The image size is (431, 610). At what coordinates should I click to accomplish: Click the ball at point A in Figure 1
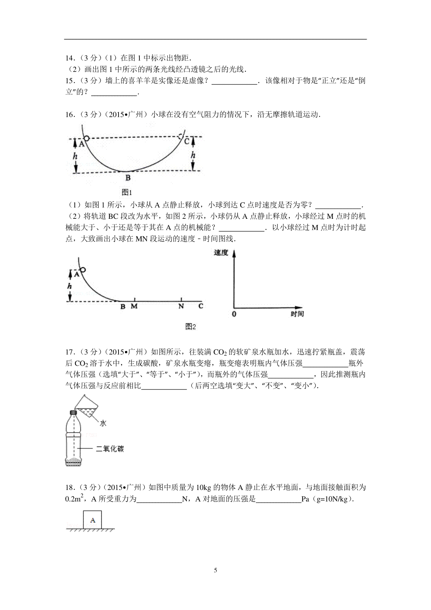[x=86, y=138]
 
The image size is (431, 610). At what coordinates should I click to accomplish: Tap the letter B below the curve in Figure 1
[x=128, y=177]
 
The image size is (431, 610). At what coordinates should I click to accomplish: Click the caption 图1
[x=128, y=192]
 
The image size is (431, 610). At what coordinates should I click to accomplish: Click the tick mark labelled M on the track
[x=134, y=300]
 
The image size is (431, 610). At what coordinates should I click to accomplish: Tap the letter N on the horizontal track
[x=181, y=306]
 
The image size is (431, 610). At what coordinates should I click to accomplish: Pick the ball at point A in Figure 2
[x=83, y=269]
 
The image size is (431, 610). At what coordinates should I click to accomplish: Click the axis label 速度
[x=221, y=253]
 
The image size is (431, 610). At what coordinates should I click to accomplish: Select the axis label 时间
[x=297, y=314]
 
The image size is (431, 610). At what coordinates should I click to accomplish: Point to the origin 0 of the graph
[x=234, y=314]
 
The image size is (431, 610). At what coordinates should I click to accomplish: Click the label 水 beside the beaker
[x=103, y=423]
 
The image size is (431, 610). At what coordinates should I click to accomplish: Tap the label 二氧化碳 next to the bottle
[x=110, y=449]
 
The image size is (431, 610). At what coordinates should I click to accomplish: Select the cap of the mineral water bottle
[x=73, y=412]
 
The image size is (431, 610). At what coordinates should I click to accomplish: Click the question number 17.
[x=70, y=352]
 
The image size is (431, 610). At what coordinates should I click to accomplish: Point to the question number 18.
[x=70, y=487]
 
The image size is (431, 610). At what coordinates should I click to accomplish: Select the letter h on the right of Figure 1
[x=193, y=155]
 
